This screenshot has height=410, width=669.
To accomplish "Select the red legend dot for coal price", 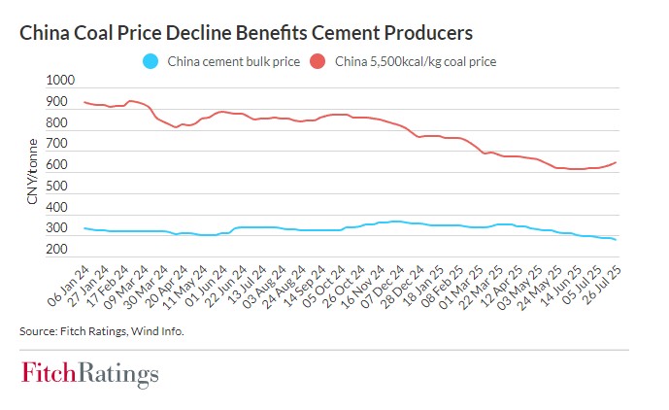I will (318, 63).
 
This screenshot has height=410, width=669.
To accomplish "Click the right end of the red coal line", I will (617, 162).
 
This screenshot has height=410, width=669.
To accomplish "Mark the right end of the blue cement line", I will (617, 240).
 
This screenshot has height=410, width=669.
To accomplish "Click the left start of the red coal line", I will (85, 102).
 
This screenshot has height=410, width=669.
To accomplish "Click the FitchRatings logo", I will (89, 374).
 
